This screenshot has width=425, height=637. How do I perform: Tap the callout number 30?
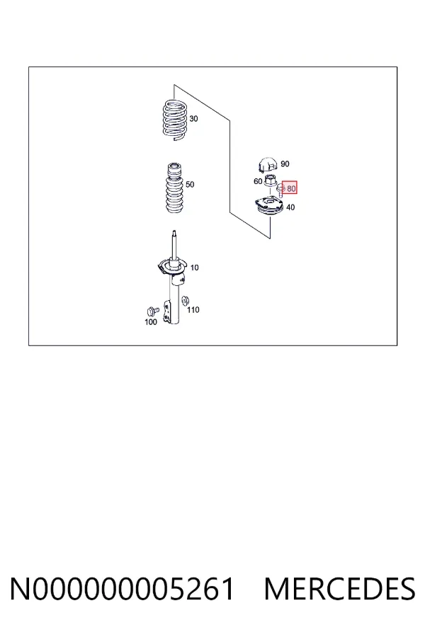click(x=193, y=119)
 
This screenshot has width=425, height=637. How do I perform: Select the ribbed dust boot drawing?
click(x=175, y=188)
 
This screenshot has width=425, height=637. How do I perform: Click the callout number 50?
click(x=190, y=185)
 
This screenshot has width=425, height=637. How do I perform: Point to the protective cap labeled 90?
click(x=268, y=164)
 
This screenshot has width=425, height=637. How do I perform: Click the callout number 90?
click(x=285, y=163)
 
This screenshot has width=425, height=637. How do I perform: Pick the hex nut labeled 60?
click(x=270, y=180)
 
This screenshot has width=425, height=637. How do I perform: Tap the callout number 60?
click(x=258, y=181)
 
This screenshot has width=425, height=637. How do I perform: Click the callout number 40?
click(x=290, y=207)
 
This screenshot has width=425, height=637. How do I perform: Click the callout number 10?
click(x=194, y=268)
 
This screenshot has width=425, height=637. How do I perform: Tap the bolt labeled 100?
click(x=152, y=311)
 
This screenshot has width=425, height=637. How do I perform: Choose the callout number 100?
click(x=150, y=322)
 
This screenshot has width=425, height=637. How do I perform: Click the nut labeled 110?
click(x=185, y=302)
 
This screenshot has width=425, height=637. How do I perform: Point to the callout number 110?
click(x=193, y=310)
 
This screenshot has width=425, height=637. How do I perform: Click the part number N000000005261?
click(x=122, y=589)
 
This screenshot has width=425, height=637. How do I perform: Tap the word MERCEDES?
click(x=339, y=589)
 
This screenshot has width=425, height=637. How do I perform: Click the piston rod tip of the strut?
click(x=174, y=232)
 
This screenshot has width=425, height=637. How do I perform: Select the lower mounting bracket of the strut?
click(x=166, y=311)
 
